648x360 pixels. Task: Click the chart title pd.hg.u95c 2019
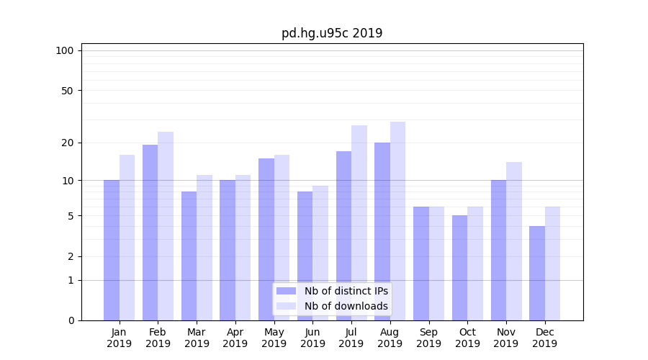coord(332,33)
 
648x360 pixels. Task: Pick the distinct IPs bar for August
coord(382,231)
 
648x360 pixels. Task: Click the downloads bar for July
coord(359,222)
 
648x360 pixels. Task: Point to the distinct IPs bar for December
coord(537,273)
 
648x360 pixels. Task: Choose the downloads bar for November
coord(514,241)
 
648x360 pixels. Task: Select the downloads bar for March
coord(204,248)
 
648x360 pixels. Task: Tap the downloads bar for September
coord(437,264)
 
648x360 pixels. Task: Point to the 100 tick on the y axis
coord(65,50)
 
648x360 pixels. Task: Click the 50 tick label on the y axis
coord(67,91)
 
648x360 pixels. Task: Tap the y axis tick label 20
coord(67,143)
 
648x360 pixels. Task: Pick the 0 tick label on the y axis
coord(71,320)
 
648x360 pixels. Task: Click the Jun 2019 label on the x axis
coord(312,338)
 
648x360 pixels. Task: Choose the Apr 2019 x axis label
coord(235,338)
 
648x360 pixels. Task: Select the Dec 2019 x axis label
coord(545,338)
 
